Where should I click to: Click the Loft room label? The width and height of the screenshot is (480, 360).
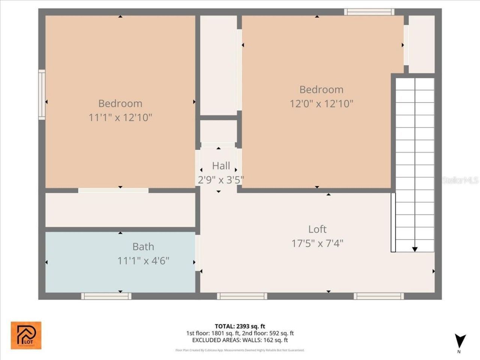click(x=317, y=229)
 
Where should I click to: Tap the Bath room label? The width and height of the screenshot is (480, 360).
click(x=143, y=247)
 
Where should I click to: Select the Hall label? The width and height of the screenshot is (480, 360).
click(x=221, y=166)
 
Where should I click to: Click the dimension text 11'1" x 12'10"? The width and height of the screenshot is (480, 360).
click(x=120, y=118)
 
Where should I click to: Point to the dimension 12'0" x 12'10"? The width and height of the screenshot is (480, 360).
click(x=321, y=103)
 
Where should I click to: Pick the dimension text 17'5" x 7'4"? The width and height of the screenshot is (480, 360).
click(x=317, y=243)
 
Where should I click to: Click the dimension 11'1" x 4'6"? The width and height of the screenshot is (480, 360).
click(x=143, y=261)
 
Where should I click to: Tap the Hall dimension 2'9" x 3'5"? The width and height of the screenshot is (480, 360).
click(x=221, y=180)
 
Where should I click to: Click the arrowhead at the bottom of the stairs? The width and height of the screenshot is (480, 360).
click(x=415, y=249)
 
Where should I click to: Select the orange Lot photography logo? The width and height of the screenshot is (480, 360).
click(x=26, y=335)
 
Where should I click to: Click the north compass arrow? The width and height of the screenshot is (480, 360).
click(x=460, y=341)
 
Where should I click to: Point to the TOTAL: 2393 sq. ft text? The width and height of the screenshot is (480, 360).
click(x=240, y=326)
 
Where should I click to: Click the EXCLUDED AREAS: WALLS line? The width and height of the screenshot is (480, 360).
click(x=240, y=340)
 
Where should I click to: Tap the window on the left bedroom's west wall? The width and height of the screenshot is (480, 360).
click(x=42, y=95)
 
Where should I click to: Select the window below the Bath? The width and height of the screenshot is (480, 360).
click(x=106, y=296)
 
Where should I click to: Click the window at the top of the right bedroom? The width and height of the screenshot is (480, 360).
click(x=369, y=12)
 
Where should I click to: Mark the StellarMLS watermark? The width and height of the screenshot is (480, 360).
click(x=460, y=180)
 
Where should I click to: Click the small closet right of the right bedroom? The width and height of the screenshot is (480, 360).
click(x=421, y=44)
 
